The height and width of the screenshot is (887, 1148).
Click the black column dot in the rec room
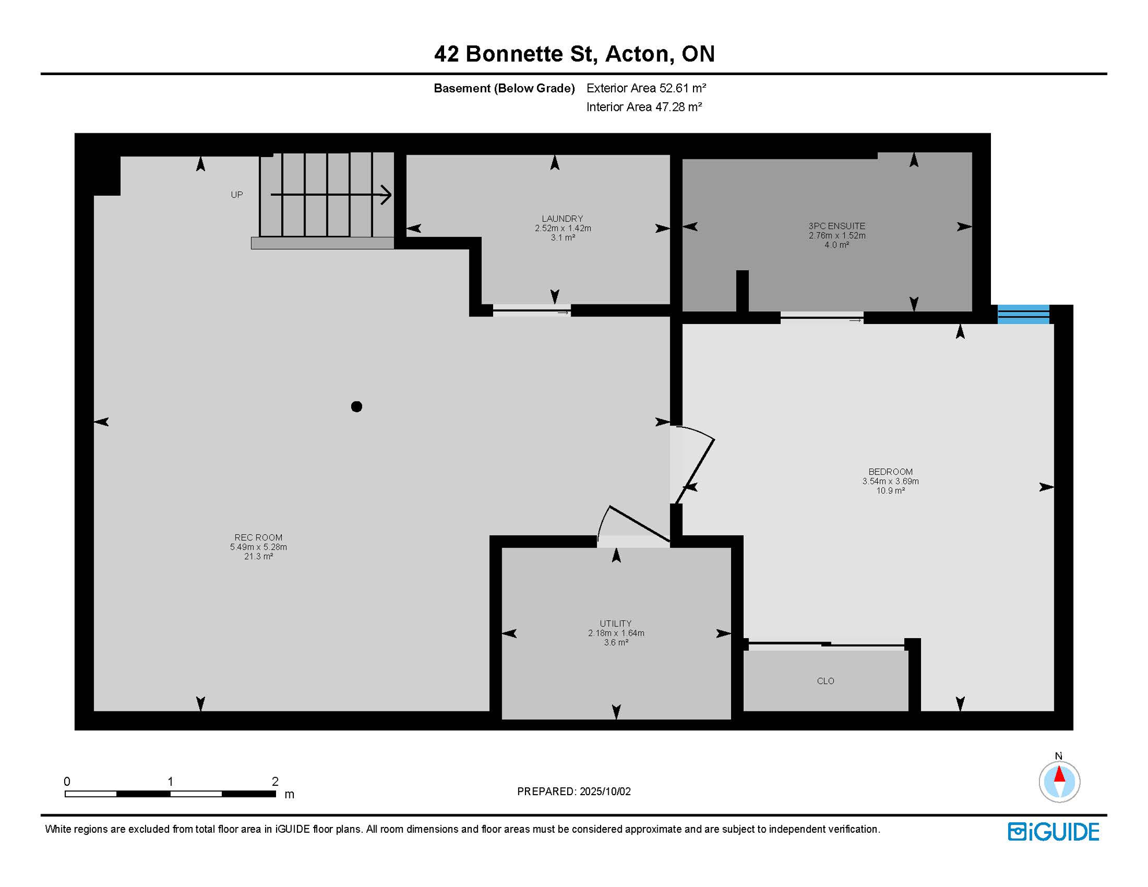pyautogui.click(x=356, y=407)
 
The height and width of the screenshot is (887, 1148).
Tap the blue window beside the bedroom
pyautogui.click(x=1023, y=314)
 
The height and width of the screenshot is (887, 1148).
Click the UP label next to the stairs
pyautogui.click(x=237, y=195)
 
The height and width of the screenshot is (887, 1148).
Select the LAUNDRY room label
pyautogui.click(x=562, y=219)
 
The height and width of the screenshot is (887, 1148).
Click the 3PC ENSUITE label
pyautogui.click(x=837, y=226)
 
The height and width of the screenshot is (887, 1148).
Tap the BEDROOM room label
pyautogui.click(x=890, y=472)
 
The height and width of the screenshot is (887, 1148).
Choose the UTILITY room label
pyautogui.click(x=616, y=624)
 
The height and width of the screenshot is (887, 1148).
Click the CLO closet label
pyautogui.click(x=826, y=681)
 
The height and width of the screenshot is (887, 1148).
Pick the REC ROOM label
pyautogui.click(x=258, y=538)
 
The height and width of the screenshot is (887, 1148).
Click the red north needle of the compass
pyautogui.click(x=1059, y=774)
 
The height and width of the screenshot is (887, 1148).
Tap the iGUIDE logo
pyautogui.click(x=1053, y=832)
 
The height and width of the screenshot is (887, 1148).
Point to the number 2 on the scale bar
pyautogui.click(x=275, y=781)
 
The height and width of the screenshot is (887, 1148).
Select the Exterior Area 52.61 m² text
pyautogui.click(x=646, y=88)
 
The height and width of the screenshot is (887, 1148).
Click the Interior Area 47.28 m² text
pyautogui.click(x=644, y=107)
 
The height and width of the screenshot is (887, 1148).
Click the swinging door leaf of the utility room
pyautogui.click(x=640, y=524)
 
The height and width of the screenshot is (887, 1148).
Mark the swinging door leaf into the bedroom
pyautogui.click(x=695, y=471)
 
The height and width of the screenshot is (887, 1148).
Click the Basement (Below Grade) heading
pyautogui.click(x=504, y=88)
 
